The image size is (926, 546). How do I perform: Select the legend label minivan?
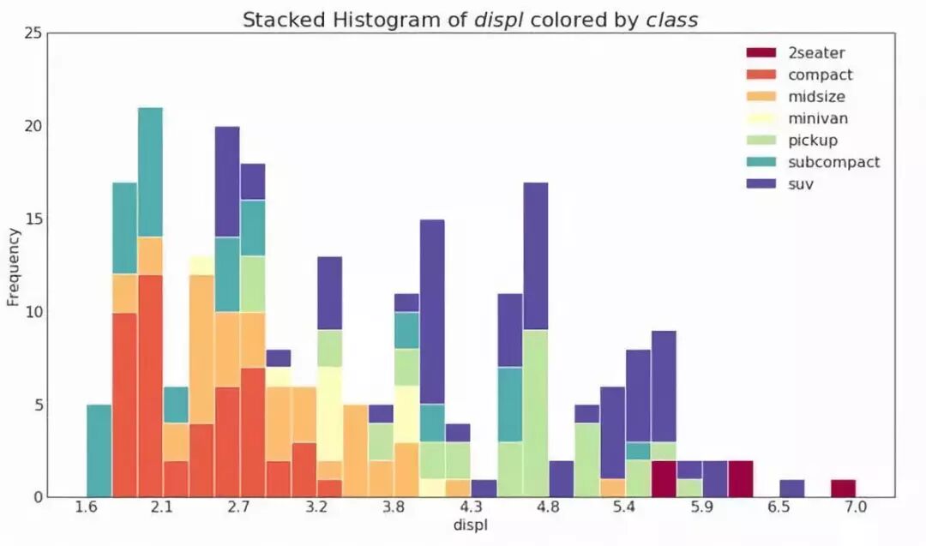819,117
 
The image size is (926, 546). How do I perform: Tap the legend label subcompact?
833,161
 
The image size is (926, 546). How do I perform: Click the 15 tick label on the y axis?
33,219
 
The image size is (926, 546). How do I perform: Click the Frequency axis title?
13,267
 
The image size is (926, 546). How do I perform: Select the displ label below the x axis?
471,524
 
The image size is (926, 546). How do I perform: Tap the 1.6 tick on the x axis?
85,508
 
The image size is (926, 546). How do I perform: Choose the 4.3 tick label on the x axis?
471,508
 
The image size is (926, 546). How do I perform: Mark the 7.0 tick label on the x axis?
856,508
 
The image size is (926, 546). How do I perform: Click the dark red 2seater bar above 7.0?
843,488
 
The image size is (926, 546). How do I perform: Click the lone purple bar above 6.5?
791,488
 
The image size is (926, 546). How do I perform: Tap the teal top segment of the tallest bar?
150,171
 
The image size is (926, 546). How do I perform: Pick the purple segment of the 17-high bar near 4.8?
535,256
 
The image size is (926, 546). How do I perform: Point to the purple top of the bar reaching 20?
227,181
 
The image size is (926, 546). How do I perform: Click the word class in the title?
672,20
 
